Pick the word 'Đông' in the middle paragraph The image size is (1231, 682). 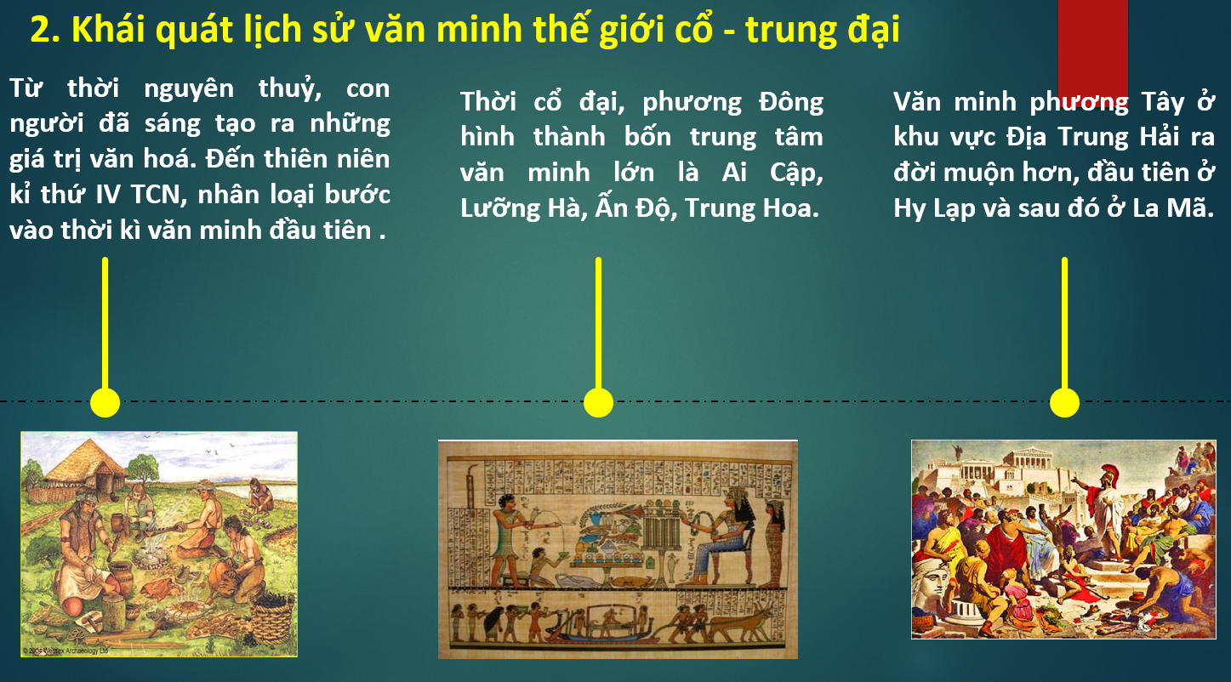tap(791, 102)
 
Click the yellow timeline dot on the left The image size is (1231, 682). tap(105, 402)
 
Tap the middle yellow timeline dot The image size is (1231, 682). tap(598, 402)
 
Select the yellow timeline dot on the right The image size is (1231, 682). tap(1064, 402)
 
